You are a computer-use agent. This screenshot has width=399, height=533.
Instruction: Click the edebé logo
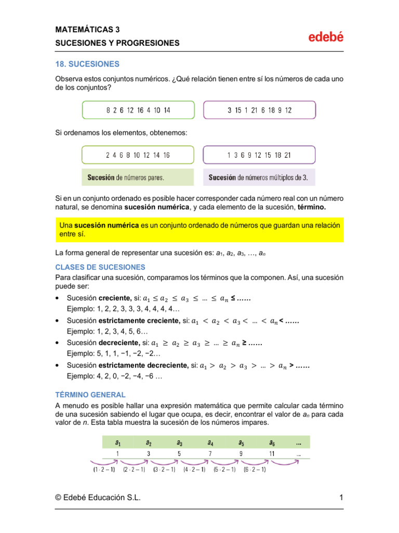(x=326, y=37)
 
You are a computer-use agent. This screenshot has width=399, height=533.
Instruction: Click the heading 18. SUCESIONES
(x=87, y=64)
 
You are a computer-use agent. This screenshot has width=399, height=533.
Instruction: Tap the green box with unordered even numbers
(x=138, y=110)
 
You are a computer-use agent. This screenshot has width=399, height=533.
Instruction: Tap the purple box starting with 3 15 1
(x=259, y=110)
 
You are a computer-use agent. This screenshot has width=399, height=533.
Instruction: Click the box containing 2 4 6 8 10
(x=138, y=155)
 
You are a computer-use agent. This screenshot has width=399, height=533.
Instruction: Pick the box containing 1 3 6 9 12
(x=259, y=155)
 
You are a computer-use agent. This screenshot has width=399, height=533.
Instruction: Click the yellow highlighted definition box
(x=199, y=230)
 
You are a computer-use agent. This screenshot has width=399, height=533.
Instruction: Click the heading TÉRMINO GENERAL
(x=90, y=395)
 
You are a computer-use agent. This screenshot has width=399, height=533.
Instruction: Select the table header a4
(x=210, y=443)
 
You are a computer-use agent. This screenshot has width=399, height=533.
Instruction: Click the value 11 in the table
(x=272, y=454)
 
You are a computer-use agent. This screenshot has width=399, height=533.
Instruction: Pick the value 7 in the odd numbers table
(x=210, y=454)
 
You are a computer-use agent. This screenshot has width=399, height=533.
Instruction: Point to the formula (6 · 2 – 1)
(x=255, y=469)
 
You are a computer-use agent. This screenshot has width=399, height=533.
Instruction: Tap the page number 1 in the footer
(x=341, y=498)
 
